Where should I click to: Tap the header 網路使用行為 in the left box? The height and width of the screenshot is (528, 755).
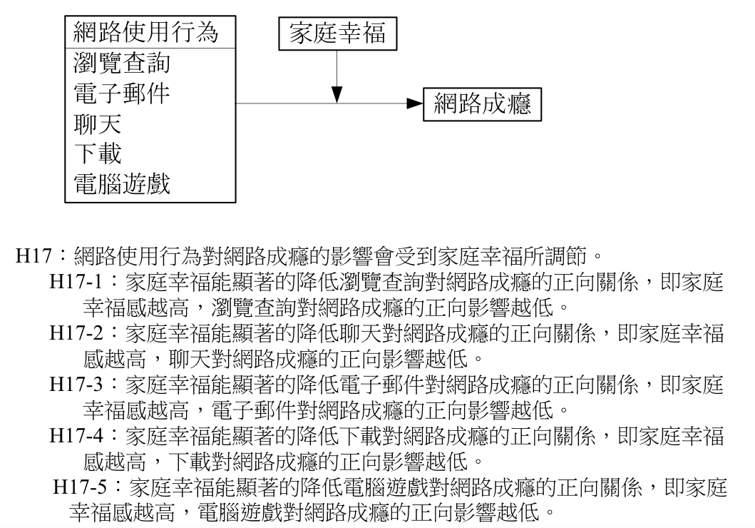coord(146,32)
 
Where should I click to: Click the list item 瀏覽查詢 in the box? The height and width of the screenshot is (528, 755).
coord(122,63)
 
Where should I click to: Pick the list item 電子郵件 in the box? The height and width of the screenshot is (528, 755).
coord(122,93)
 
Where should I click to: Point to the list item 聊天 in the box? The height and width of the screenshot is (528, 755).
coord(97,123)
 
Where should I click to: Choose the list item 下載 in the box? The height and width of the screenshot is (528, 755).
coord(97,153)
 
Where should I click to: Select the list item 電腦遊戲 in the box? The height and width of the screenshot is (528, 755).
coord(122,184)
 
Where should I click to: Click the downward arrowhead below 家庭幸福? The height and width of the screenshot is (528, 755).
coord(337,94)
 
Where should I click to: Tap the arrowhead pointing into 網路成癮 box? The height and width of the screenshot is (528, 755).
coord(415,103)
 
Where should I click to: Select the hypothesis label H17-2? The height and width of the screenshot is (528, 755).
coord(76,333)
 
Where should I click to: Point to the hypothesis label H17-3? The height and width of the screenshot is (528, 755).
coord(76,385)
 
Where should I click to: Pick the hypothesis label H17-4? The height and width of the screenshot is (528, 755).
coord(76,437)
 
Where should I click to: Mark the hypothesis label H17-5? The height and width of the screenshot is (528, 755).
coord(79,487)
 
